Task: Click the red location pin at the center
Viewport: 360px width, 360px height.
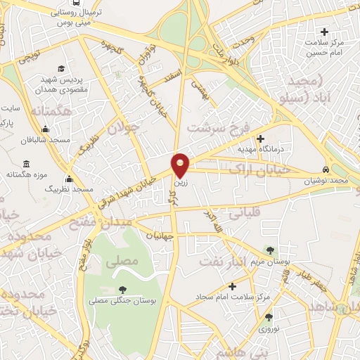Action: pos(181,165)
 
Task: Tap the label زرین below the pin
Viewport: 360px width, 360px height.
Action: pos(181,181)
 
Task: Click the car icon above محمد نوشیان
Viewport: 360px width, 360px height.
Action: pos(326,171)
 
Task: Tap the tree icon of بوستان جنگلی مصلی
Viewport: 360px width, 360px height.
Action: pos(123,289)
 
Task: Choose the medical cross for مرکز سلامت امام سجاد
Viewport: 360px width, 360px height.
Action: pos(233,285)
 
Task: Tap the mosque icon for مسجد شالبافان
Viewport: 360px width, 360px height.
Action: pos(46,129)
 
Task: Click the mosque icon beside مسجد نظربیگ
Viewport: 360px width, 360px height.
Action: pos(69,179)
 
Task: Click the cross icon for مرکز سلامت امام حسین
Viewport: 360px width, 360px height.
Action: pos(324,32)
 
